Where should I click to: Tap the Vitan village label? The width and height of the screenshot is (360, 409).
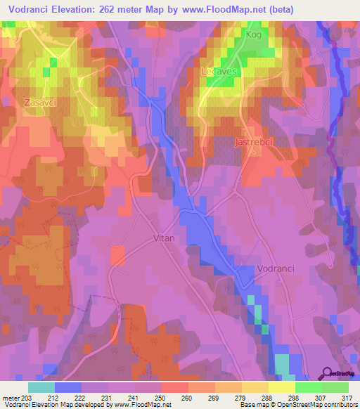163,238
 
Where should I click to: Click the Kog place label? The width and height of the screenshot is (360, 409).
253,34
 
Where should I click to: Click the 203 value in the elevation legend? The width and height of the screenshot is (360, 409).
27,398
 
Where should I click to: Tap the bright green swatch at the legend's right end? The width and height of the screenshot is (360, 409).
335,387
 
